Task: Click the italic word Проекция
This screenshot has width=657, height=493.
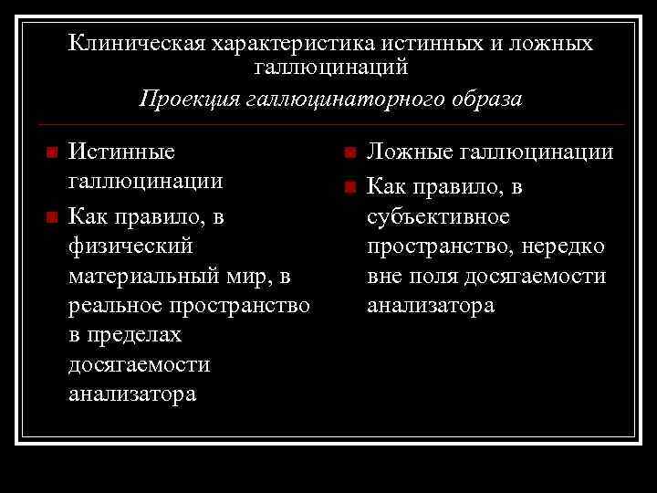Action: click(x=189, y=98)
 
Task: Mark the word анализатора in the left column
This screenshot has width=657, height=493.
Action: click(x=132, y=394)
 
